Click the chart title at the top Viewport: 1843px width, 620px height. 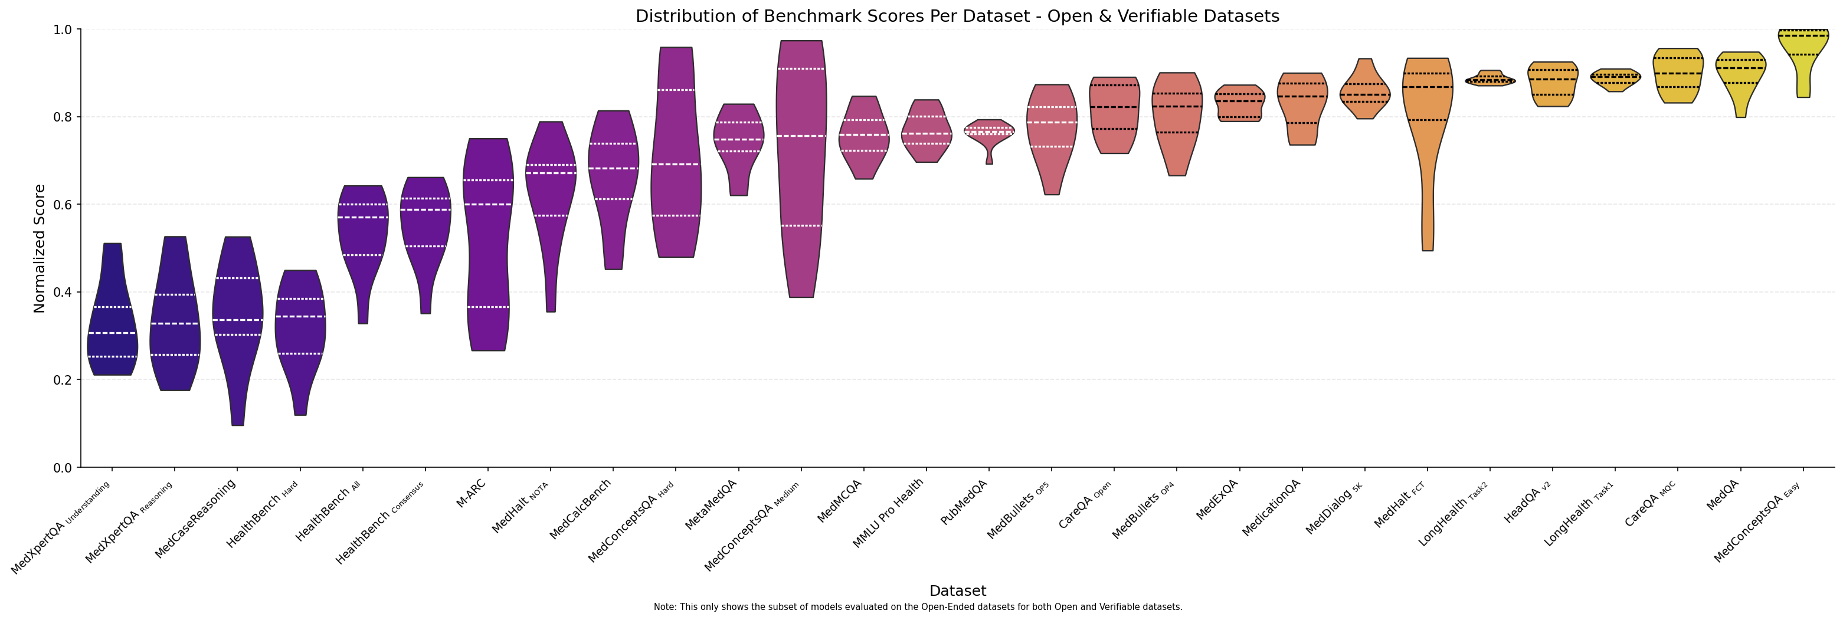957,17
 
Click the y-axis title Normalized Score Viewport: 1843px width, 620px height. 40,248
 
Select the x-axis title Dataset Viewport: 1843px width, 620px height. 957,591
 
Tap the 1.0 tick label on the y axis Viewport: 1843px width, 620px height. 63,30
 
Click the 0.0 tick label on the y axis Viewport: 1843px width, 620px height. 63,468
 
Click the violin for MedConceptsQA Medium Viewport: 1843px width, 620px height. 801,165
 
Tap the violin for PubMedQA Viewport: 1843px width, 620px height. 988,132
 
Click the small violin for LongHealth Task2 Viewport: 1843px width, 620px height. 1490,80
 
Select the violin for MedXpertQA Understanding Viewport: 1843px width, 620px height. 112,322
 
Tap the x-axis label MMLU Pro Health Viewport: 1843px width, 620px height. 888,513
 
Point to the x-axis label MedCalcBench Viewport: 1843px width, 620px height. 580,509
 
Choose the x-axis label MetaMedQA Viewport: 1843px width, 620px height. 711,505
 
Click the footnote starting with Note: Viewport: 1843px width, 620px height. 917,607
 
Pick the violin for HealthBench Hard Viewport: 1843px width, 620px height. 300,322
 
